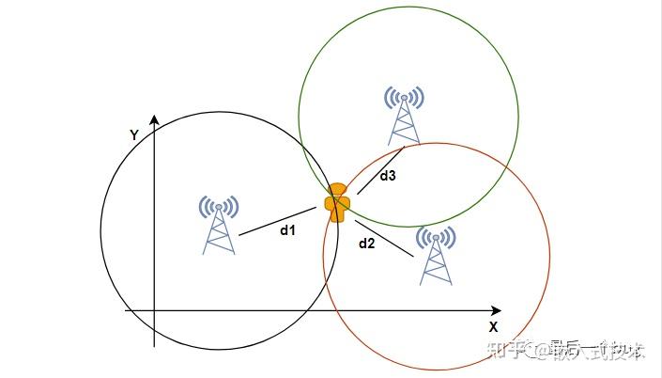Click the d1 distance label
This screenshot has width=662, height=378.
288,229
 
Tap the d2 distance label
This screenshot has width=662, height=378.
367,244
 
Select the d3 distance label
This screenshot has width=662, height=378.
388,176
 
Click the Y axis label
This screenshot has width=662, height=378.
134,135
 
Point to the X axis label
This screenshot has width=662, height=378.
492,327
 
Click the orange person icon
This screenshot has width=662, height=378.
337,203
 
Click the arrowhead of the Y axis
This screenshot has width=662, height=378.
154,119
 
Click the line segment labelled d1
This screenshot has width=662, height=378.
278,221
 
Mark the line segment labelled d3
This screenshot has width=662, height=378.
380,170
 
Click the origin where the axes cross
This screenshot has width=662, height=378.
154,309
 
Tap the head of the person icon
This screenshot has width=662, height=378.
337,191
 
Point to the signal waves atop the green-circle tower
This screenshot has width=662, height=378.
405,96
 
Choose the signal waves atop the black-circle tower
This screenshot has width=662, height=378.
219,205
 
